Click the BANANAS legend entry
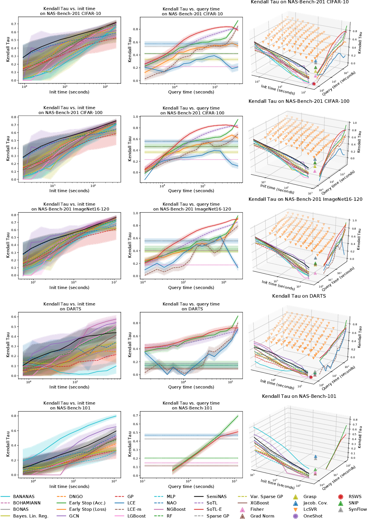24,497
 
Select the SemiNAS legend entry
216,497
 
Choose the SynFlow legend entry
357,509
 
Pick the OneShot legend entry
313,516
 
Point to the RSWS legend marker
340,497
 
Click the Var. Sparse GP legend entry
266,497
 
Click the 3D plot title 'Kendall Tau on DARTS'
299,296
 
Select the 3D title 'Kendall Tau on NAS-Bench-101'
299,396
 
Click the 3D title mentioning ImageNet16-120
305,199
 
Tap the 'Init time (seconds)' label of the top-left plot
69,92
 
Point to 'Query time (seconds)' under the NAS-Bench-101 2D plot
191,486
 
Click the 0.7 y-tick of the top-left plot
14,24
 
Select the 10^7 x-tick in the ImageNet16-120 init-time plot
114,282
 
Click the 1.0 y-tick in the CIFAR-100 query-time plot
136,117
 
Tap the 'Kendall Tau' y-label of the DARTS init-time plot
8,345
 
